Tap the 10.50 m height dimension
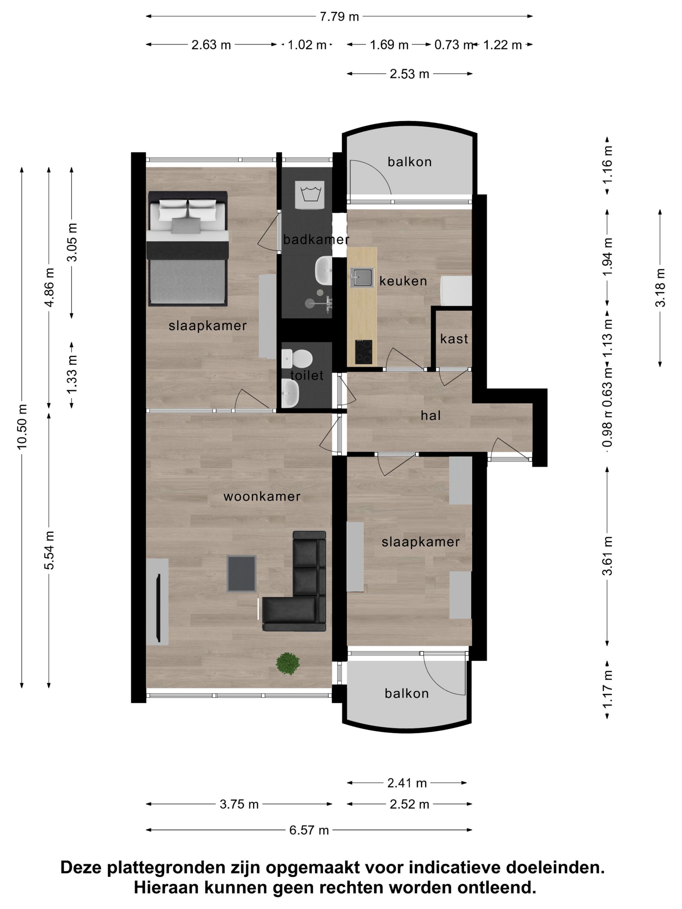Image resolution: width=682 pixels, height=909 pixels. [x=22, y=426]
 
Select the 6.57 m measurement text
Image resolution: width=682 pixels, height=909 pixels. [x=309, y=830]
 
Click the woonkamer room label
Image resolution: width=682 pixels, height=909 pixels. [x=262, y=496]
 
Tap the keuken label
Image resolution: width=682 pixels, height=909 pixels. [x=403, y=281]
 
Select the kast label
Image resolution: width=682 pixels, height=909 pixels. [x=454, y=339]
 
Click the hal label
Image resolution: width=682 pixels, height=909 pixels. [x=430, y=416]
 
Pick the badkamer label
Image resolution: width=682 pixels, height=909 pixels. [x=316, y=239]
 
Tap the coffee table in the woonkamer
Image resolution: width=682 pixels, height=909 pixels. [x=242, y=574]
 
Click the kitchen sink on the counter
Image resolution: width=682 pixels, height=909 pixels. [x=362, y=277]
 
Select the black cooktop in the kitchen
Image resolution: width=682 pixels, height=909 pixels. [x=363, y=352]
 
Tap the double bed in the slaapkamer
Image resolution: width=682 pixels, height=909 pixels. [x=188, y=249]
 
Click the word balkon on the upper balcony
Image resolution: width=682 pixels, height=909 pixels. [x=410, y=162]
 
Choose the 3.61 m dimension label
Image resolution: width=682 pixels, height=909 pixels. [x=607, y=555]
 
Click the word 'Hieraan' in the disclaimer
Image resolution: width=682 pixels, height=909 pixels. [x=164, y=888]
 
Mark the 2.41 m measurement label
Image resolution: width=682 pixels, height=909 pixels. [x=407, y=783]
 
